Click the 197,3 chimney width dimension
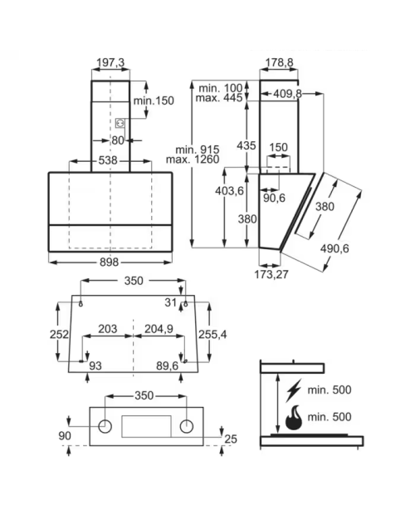[110, 62]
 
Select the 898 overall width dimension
[109, 262]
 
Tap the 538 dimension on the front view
[108, 160]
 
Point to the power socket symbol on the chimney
[120, 124]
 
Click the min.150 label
[154, 101]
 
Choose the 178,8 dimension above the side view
[279, 62]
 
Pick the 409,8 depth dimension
[287, 94]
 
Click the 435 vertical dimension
[247, 145]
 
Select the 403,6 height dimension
[229, 190]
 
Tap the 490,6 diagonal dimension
[334, 248]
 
